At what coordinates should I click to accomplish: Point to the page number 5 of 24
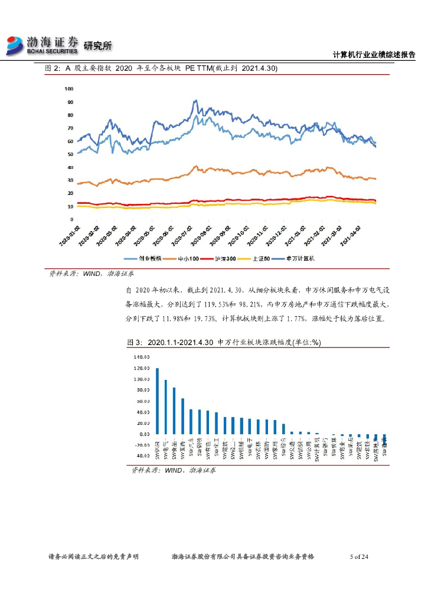pos(359,557)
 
